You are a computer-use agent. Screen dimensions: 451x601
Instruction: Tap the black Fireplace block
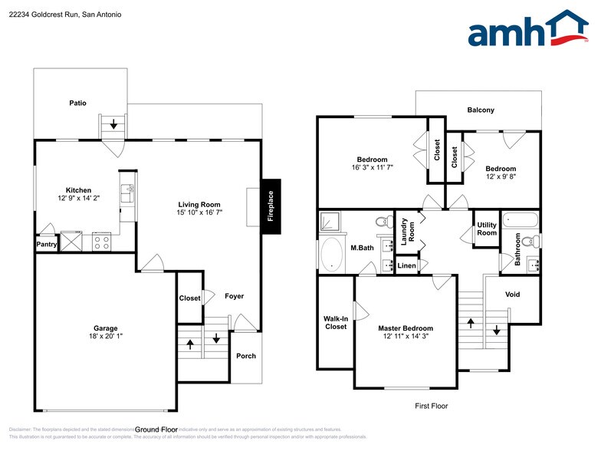coord(271,206)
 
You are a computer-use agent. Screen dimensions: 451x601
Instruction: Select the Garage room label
coord(106,328)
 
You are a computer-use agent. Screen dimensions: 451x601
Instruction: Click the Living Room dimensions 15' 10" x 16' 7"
coord(198,212)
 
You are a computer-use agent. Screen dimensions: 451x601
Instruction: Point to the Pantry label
coord(47,245)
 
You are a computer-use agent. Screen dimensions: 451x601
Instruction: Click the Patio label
coord(77,103)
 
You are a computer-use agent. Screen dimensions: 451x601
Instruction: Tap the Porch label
coord(246,356)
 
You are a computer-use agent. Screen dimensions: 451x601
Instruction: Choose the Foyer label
coord(234,296)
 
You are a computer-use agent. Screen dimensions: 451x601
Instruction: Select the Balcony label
coord(481,110)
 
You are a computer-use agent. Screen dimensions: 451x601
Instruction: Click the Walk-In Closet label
coord(335,322)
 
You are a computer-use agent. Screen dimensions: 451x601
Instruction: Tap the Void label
coord(513,295)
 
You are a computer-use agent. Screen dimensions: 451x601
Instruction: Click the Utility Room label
coord(487,229)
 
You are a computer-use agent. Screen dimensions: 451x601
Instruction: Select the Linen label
coord(406,266)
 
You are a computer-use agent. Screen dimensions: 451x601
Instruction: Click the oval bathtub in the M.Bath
coord(332,255)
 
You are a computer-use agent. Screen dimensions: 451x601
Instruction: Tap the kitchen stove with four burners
coord(102,242)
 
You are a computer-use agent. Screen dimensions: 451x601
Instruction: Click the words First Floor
coord(431,406)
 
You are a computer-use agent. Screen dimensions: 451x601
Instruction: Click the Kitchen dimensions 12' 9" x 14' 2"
coord(78,198)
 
